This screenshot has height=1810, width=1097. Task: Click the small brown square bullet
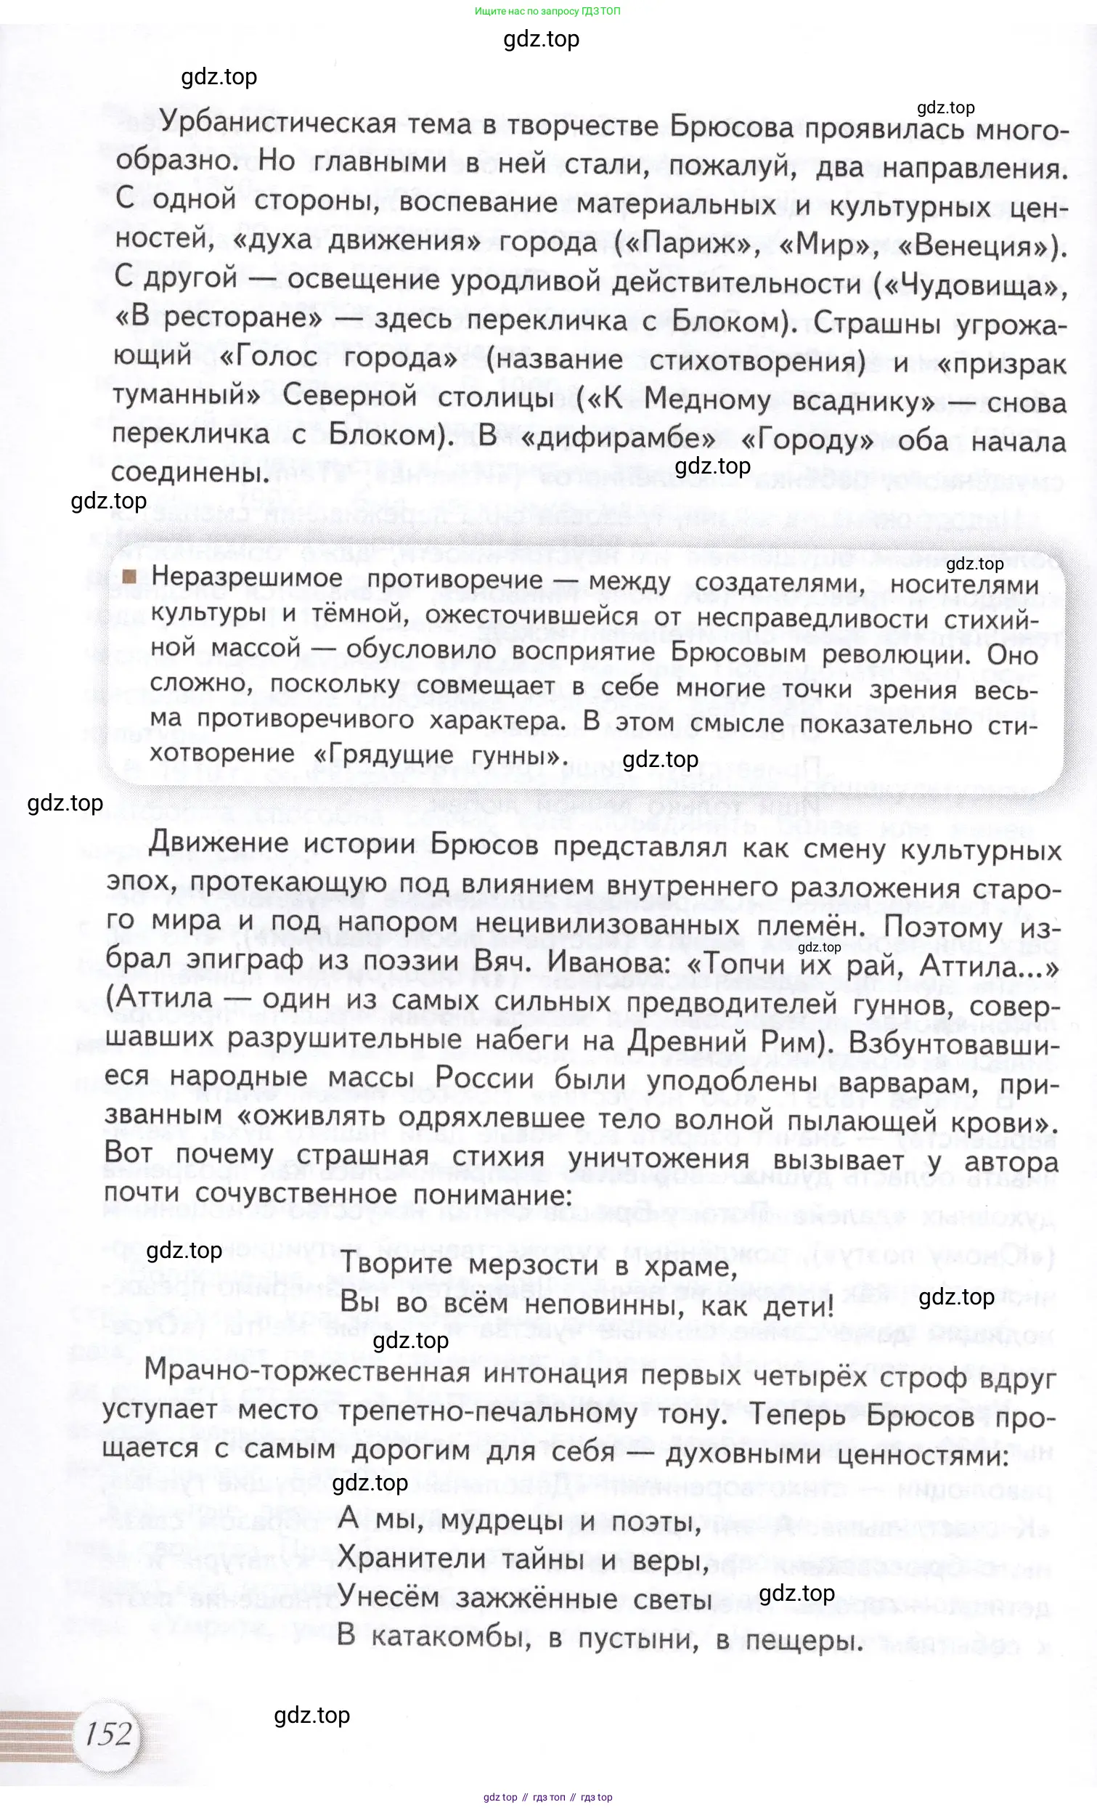130,577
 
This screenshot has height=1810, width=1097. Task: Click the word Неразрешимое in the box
247,577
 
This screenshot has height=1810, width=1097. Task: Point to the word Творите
397,1265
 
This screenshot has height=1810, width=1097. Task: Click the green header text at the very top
547,11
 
